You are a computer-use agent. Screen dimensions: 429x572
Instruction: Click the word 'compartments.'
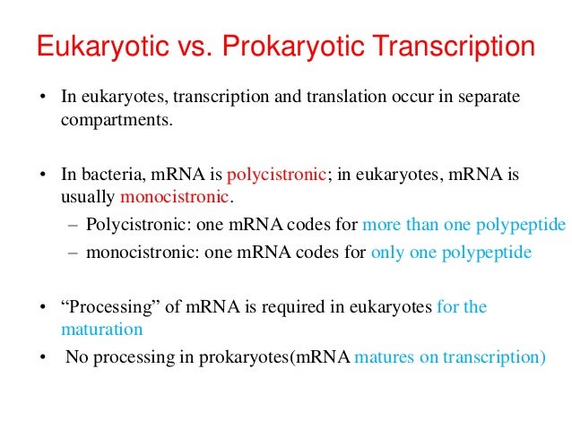tap(115, 117)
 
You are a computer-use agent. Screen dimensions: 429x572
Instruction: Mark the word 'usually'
tap(88, 195)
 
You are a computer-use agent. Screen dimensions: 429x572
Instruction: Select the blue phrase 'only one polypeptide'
tap(450, 252)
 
